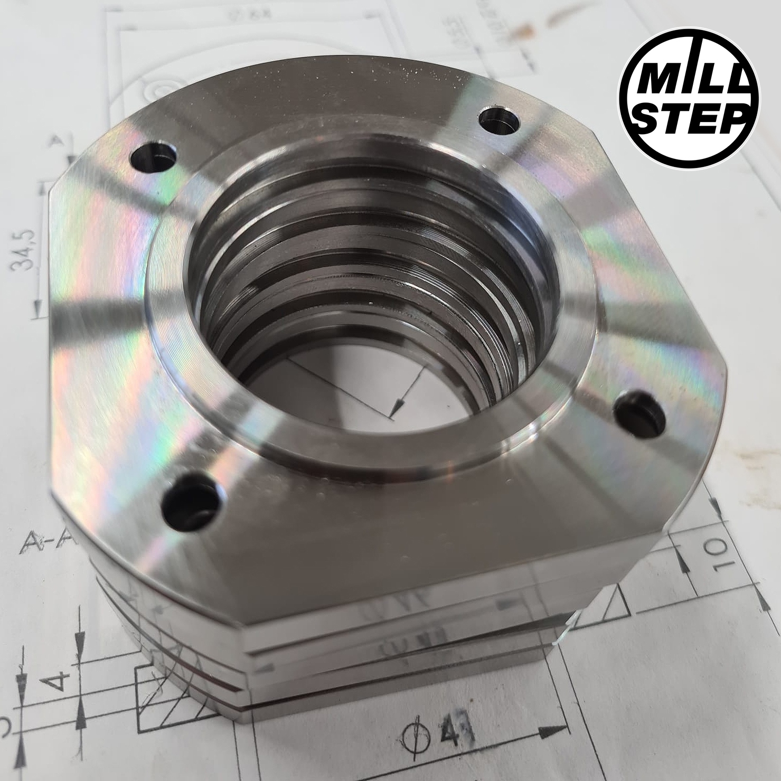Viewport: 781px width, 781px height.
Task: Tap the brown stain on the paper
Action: coord(560,16)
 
